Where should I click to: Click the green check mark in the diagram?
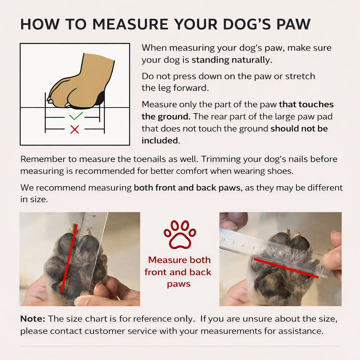pos(76,116)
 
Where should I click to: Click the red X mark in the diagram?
pos(75,129)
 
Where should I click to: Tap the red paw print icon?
pos(180,234)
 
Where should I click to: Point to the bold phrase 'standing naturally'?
pos(231,60)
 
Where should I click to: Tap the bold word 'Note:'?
pos(33,319)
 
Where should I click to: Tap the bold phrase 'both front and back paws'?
pos(187,187)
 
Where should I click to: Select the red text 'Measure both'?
pos(179,260)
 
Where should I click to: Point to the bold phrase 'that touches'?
pos(306,104)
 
